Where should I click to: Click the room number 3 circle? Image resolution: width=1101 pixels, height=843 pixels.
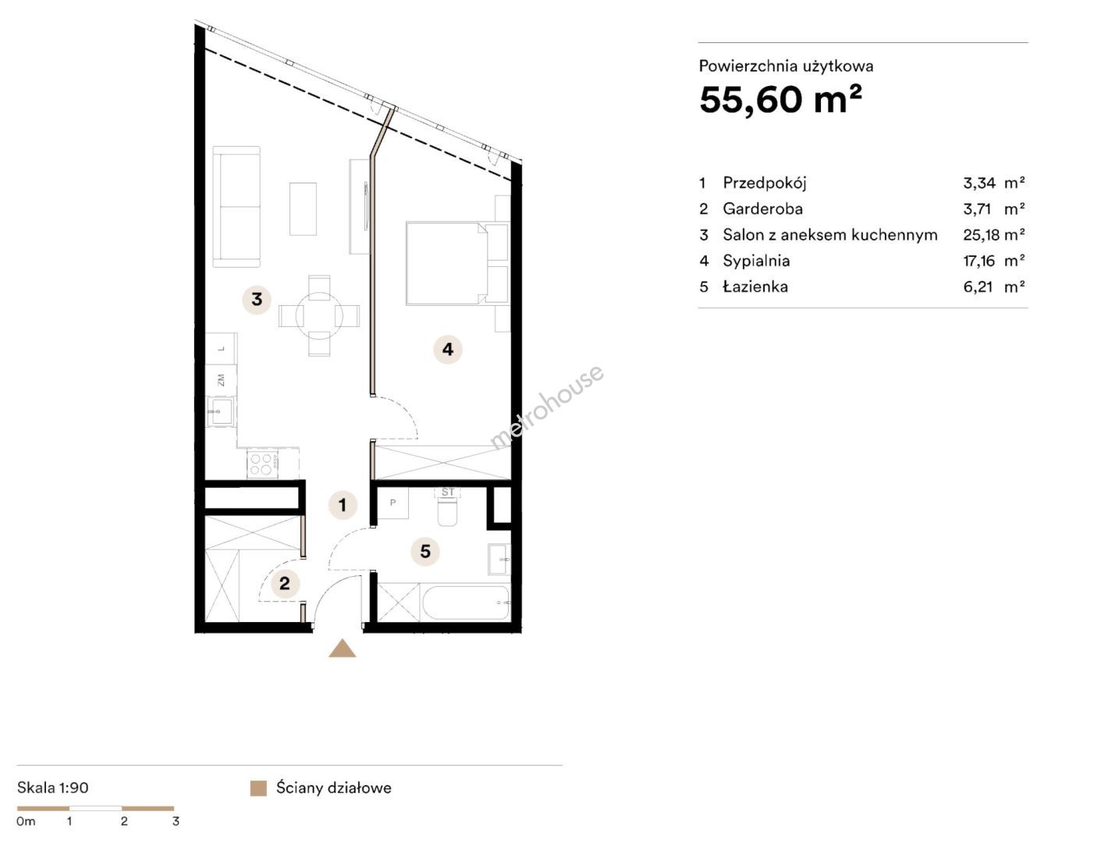[256, 300]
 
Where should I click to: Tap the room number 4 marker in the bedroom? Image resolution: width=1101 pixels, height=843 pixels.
[447, 349]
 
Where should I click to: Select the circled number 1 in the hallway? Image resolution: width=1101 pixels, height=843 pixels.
[343, 505]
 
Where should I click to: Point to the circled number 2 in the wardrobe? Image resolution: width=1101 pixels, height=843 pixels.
[284, 583]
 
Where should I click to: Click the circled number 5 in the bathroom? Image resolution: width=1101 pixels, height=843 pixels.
[425, 551]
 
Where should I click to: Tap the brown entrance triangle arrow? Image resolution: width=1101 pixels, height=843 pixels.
[342, 649]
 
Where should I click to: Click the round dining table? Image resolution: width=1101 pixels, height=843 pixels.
[319, 315]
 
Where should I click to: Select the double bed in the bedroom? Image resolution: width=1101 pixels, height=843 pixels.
[446, 264]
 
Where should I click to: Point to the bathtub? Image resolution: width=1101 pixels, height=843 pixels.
[467, 603]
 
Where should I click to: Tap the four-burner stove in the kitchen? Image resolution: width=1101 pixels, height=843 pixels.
[262, 464]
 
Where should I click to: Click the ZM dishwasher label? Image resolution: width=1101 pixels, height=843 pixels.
[221, 380]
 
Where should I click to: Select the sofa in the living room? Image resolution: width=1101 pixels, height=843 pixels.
[236, 206]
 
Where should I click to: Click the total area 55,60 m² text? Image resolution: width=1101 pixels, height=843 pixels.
[780, 99]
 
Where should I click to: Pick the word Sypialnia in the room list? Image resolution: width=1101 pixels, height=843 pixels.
[756, 261]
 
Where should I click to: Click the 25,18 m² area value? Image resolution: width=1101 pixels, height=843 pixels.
[993, 234]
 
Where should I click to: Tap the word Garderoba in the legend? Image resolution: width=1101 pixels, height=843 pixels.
[762, 208]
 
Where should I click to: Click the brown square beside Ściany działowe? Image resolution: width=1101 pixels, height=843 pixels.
[258, 788]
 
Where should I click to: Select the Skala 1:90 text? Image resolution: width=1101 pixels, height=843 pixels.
[52, 788]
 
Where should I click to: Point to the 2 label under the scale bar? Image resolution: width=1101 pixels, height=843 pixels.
[124, 821]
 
